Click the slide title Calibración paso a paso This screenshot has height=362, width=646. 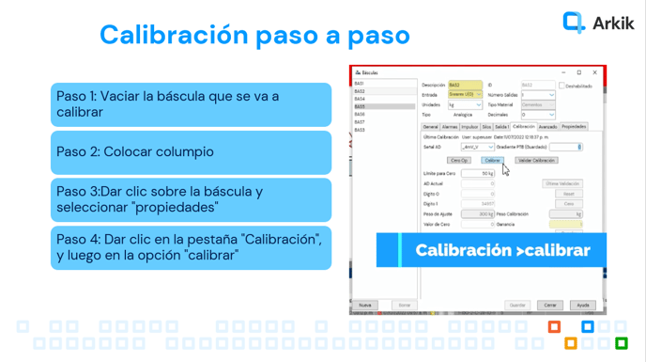pos(254,35)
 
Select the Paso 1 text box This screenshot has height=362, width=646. pos(191,104)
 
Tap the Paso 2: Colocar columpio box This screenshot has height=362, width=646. pos(191,151)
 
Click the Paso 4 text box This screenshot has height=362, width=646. pos(191,247)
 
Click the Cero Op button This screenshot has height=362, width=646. pos(459,161)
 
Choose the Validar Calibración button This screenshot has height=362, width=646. pos(537,161)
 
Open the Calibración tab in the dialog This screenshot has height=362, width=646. pos(524,126)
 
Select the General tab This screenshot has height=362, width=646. pos(430,126)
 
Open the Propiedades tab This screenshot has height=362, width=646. pos(574,126)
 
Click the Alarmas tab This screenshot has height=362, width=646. pos(450,126)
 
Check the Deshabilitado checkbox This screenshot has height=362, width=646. pos(561,86)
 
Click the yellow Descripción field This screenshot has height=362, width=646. pos(465,86)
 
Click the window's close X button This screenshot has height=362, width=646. pos(594,72)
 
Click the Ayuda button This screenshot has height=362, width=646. pos(582,305)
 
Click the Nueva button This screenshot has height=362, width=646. pos(364,305)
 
